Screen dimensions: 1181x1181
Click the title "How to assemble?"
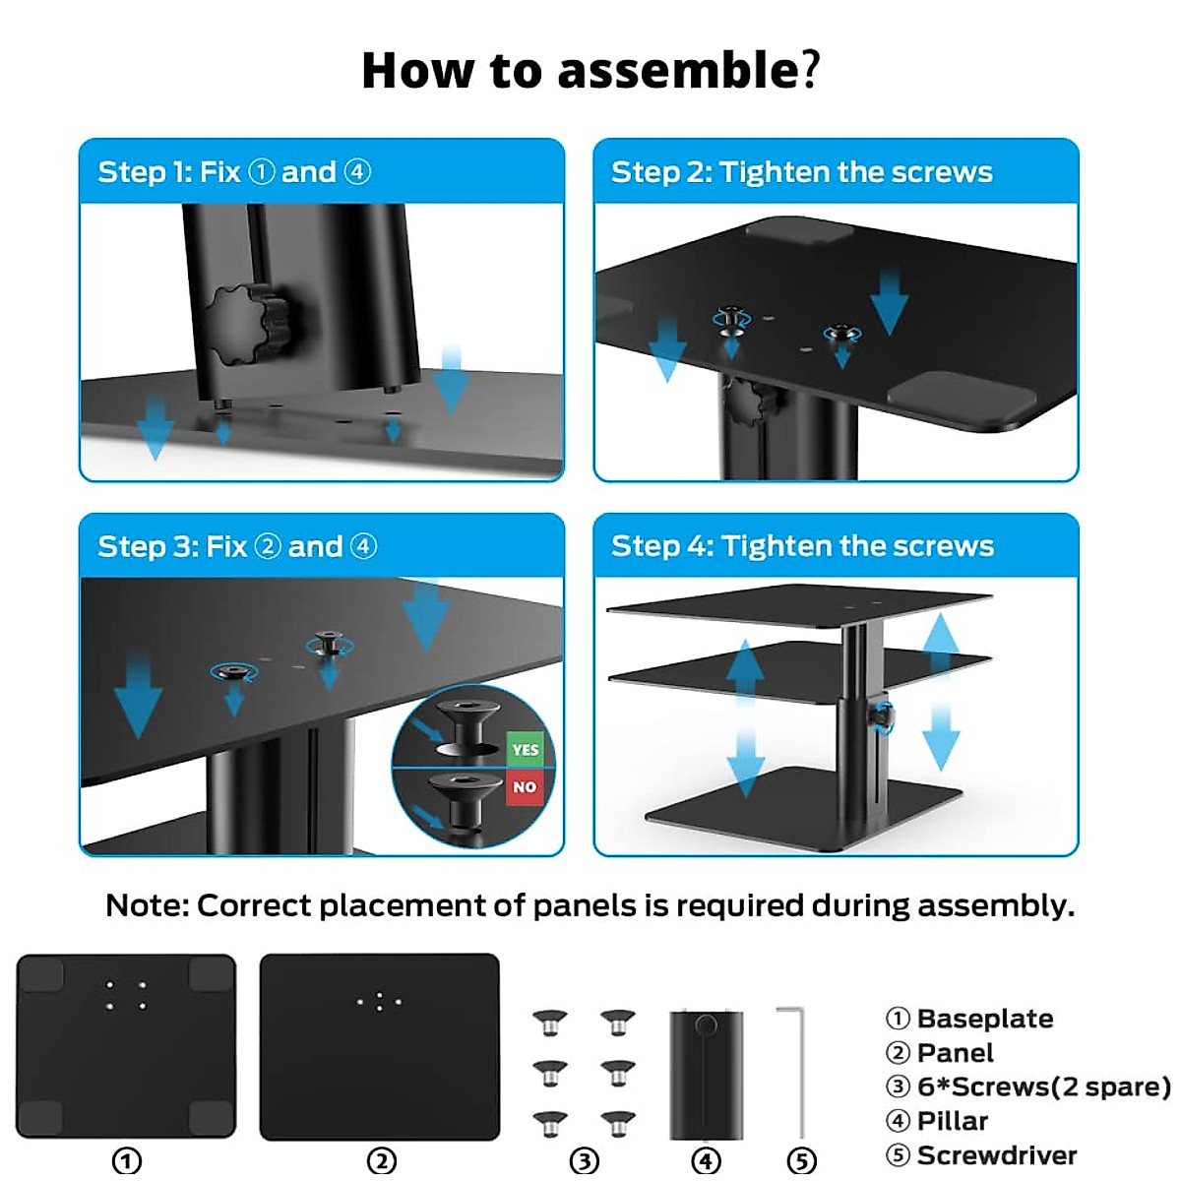click(x=590, y=71)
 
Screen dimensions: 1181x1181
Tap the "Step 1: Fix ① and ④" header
click(x=234, y=172)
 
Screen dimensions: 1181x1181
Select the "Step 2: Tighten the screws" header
click(x=801, y=172)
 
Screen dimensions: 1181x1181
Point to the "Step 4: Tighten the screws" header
click(x=802, y=546)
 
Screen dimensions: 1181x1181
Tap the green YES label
click(x=526, y=750)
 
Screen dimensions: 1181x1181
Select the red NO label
click(x=525, y=787)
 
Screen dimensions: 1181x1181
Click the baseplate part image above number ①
click(x=126, y=1045)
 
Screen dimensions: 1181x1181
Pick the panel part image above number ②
click(x=379, y=1046)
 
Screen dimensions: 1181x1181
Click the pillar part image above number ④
click(x=706, y=1073)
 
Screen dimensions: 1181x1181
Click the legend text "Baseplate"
click(x=984, y=1019)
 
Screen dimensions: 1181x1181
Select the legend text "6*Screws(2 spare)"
click(x=1043, y=1087)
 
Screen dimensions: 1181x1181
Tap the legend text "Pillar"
click(x=952, y=1121)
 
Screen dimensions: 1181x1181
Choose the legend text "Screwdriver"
click(x=996, y=1155)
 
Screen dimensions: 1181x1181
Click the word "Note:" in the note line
click(x=148, y=905)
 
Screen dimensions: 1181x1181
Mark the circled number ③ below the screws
click(x=585, y=1161)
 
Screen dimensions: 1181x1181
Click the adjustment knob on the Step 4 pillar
click(x=884, y=715)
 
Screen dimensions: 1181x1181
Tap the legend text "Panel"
click(x=955, y=1053)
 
